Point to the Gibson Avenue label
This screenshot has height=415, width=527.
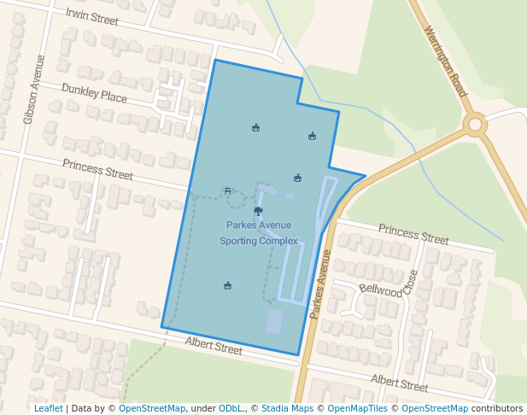point(33,90)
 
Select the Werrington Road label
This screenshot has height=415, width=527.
point(446,60)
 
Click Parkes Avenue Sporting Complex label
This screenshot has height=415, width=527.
point(259,232)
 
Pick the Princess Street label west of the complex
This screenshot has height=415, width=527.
point(97,168)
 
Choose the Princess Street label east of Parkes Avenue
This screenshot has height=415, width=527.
point(413,234)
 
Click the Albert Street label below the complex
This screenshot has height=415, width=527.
point(214,347)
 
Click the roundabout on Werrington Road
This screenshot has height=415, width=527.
point(475,125)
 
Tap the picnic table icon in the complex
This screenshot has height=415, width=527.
point(227,190)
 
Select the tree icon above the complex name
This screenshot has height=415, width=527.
point(258,210)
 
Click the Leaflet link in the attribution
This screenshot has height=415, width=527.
point(49,408)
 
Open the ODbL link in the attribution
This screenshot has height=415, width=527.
point(231,408)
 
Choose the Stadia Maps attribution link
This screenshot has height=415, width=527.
point(287,408)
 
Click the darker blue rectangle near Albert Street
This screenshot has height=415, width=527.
point(274,321)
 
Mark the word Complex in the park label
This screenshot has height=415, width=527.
point(278,241)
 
